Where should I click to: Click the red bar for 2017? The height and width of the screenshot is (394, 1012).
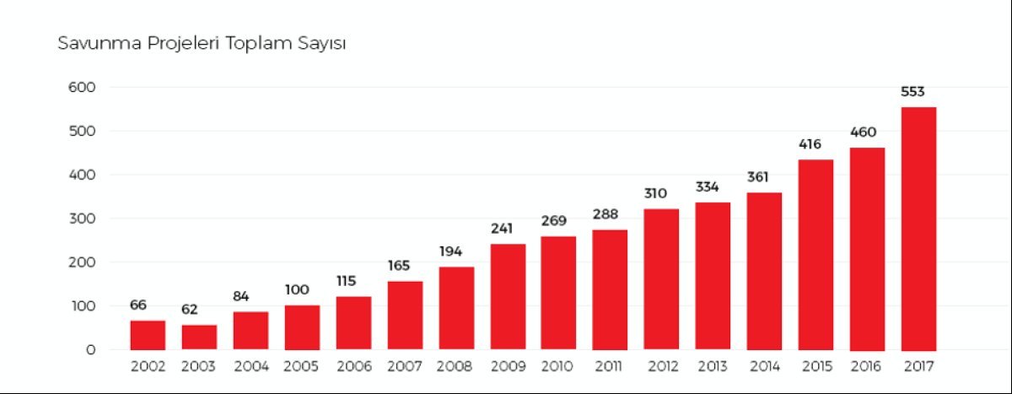(x=918, y=228)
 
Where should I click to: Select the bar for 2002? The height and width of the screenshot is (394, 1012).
(x=148, y=335)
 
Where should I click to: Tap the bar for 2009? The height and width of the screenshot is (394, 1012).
(x=508, y=296)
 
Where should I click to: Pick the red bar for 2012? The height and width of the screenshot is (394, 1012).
(x=661, y=278)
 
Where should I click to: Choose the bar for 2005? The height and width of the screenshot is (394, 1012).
(x=302, y=327)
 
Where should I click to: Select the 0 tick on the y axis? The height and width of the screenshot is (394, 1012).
(x=89, y=349)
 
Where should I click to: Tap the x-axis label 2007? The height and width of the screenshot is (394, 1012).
(x=405, y=367)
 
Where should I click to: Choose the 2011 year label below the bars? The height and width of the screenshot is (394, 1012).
(x=610, y=367)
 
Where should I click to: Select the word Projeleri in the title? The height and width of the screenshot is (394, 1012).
(x=180, y=43)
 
